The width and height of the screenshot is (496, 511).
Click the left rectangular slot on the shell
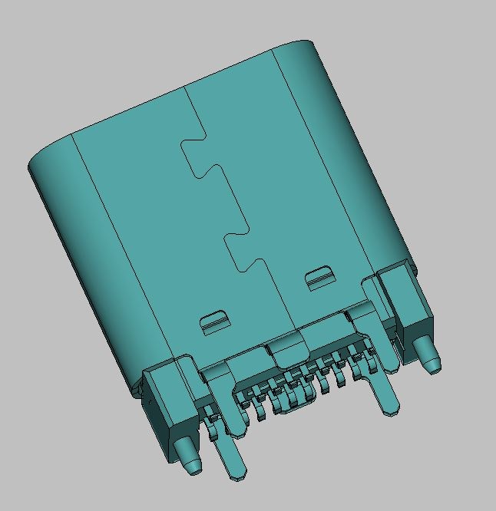tap(214, 319)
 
